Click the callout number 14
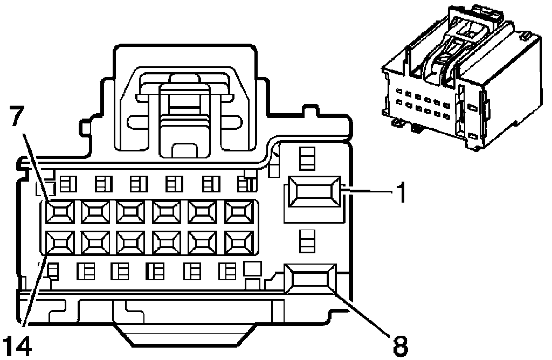(x=17, y=343)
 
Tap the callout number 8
(x=399, y=344)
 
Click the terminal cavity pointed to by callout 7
(x=58, y=212)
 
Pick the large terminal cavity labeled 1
(x=313, y=192)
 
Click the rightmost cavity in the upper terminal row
(x=237, y=212)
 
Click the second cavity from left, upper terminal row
(x=94, y=212)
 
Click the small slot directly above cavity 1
(x=306, y=158)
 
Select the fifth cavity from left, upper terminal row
(x=202, y=212)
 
